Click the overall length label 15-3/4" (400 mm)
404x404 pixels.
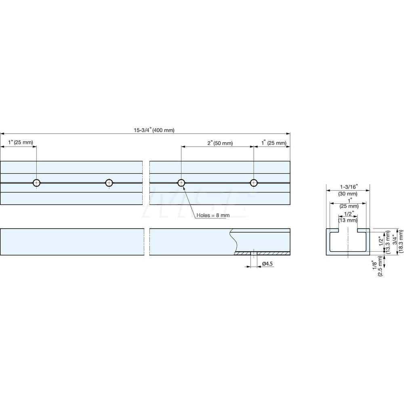(154, 130)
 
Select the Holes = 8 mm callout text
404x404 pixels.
(213, 215)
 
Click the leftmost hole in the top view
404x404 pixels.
(37, 183)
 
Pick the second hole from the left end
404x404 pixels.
(109, 183)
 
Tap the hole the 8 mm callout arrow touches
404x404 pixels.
(181, 183)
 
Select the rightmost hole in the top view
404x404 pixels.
(253, 183)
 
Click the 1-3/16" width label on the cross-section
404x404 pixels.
(348, 187)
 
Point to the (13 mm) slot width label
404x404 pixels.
(348, 220)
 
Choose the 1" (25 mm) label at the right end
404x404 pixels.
(274, 143)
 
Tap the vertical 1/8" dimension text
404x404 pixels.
(375, 265)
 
